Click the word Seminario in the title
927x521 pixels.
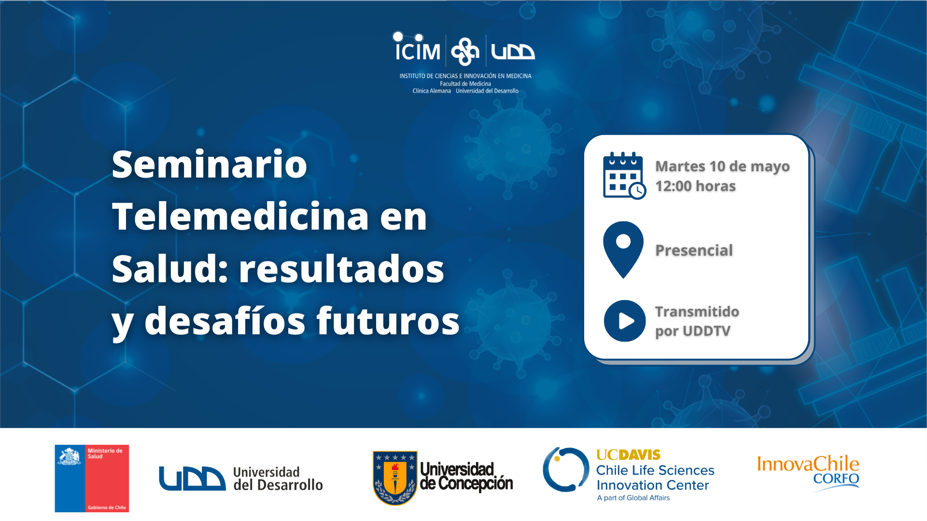(x=210, y=164)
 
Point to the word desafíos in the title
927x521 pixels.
(x=225, y=321)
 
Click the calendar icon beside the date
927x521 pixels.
(x=624, y=176)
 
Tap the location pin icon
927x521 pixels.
(x=623, y=249)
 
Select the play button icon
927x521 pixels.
(x=625, y=321)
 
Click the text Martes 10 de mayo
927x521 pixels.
(x=722, y=166)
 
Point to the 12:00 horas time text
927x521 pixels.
(x=695, y=186)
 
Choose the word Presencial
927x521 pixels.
(x=694, y=250)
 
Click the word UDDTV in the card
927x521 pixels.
(x=706, y=331)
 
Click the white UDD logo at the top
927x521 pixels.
(x=513, y=52)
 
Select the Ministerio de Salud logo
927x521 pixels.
(x=92, y=478)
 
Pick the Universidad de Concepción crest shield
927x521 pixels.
(x=395, y=478)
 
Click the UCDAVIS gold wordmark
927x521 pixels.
(x=628, y=455)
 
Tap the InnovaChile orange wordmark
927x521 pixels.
(x=808, y=464)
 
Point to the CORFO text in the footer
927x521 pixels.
(x=836, y=479)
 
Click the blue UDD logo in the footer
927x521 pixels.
(x=192, y=479)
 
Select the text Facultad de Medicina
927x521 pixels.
(x=465, y=84)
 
